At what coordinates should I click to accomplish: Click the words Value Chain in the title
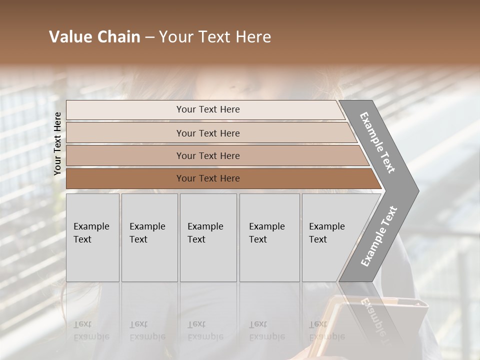94,37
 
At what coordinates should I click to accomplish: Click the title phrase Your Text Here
215,37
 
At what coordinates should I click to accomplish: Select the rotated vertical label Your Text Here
58,143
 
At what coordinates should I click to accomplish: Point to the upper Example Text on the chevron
377,142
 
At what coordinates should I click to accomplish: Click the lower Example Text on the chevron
379,236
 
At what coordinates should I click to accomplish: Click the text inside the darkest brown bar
208,178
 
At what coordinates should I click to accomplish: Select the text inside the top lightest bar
208,109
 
